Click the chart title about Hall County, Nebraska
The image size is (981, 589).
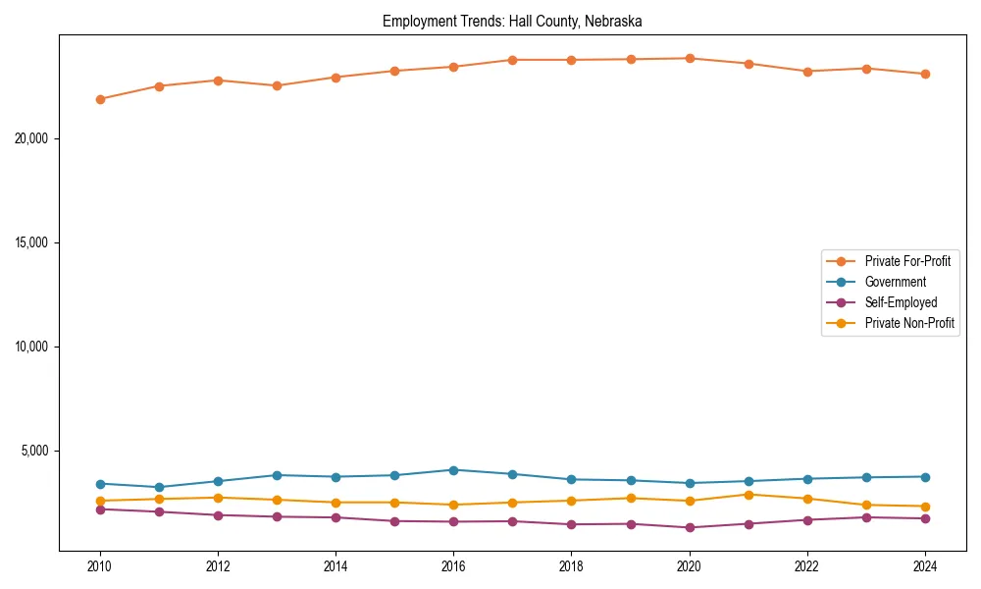click(512, 21)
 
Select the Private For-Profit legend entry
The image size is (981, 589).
click(907, 261)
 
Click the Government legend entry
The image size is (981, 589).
click(895, 282)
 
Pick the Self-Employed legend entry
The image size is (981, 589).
click(901, 302)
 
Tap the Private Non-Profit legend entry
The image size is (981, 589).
click(909, 323)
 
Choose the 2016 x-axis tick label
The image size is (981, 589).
click(453, 566)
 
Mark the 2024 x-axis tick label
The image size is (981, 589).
click(925, 566)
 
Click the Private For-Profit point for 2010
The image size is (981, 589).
click(100, 99)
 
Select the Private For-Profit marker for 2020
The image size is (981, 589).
click(690, 58)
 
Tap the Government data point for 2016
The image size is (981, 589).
click(453, 470)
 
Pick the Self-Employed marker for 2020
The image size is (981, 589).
click(690, 527)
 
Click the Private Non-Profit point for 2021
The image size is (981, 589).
click(749, 495)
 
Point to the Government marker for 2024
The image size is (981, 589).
click(925, 477)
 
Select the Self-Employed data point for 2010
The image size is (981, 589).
click(100, 509)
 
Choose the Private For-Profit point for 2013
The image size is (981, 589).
click(277, 85)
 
